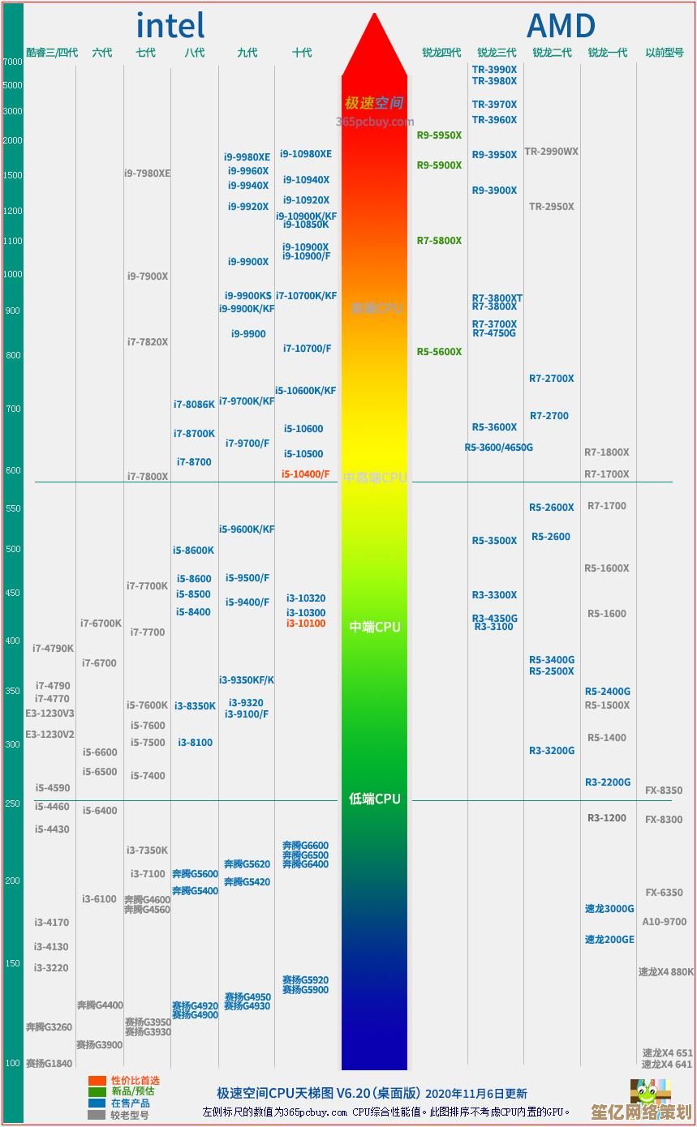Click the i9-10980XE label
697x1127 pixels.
306,154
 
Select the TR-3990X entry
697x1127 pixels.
494,70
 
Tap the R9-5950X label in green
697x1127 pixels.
439,135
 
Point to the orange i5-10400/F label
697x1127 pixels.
306,474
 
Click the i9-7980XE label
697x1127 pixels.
147,173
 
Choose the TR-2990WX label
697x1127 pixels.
551,152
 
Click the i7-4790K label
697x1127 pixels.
53,649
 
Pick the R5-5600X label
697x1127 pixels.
439,352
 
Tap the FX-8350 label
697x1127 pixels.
664,791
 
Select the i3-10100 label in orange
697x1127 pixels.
306,623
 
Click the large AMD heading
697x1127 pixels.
561,26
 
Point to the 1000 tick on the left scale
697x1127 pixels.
12,274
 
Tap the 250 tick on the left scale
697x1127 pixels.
12,803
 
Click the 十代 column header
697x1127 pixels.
302,53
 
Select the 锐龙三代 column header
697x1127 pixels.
497,53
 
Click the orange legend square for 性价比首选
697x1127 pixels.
97,1081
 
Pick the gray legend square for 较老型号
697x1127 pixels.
97,1115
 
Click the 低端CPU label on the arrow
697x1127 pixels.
375,799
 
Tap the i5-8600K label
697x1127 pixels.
193,551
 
